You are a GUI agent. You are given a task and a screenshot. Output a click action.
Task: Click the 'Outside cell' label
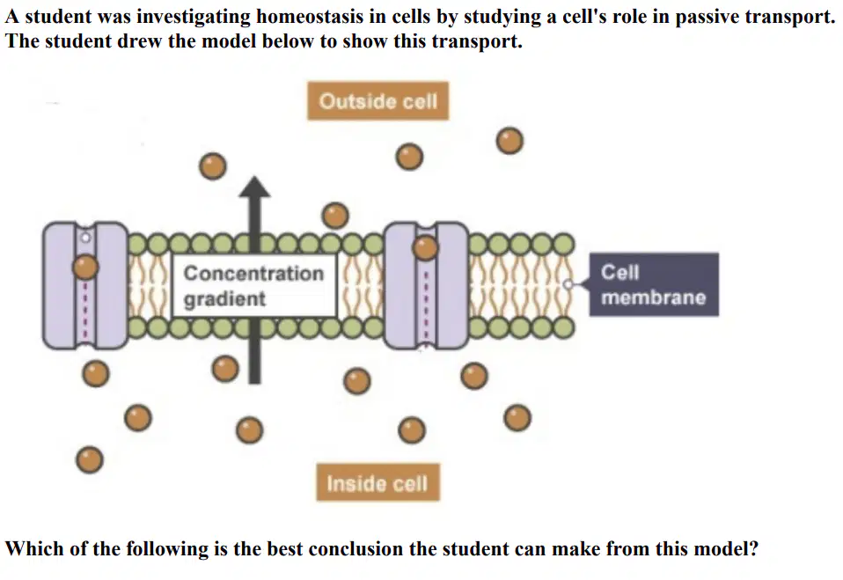click(x=378, y=101)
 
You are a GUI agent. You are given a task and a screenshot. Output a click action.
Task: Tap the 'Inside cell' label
click(x=378, y=482)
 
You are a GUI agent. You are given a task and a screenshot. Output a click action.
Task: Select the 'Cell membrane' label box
click(x=654, y=284)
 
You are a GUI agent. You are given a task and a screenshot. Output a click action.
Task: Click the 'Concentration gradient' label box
click(x=253, y=285)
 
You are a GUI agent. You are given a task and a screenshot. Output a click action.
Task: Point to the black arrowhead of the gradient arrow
click(x=255, y=187)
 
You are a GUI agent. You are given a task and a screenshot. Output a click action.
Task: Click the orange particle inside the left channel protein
click(x=85, y=267)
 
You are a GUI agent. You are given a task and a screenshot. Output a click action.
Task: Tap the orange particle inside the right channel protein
click(x=425, y=248)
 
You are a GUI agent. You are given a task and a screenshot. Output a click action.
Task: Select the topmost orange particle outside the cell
click(x=509, y=141)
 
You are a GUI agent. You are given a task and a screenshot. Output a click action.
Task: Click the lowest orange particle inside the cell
click(x=90, y=459)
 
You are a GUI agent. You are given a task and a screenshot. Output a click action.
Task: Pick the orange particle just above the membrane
click(x=335, y=216)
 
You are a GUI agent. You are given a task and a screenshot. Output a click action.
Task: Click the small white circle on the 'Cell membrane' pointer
click(x=568, y=284)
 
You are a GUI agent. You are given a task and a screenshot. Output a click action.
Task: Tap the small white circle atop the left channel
click(x=85, y=237)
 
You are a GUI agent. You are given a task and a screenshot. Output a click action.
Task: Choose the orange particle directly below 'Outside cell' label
click(x=409, y=157)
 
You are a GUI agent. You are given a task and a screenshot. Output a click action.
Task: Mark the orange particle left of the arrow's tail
click(x=225, y=369)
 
